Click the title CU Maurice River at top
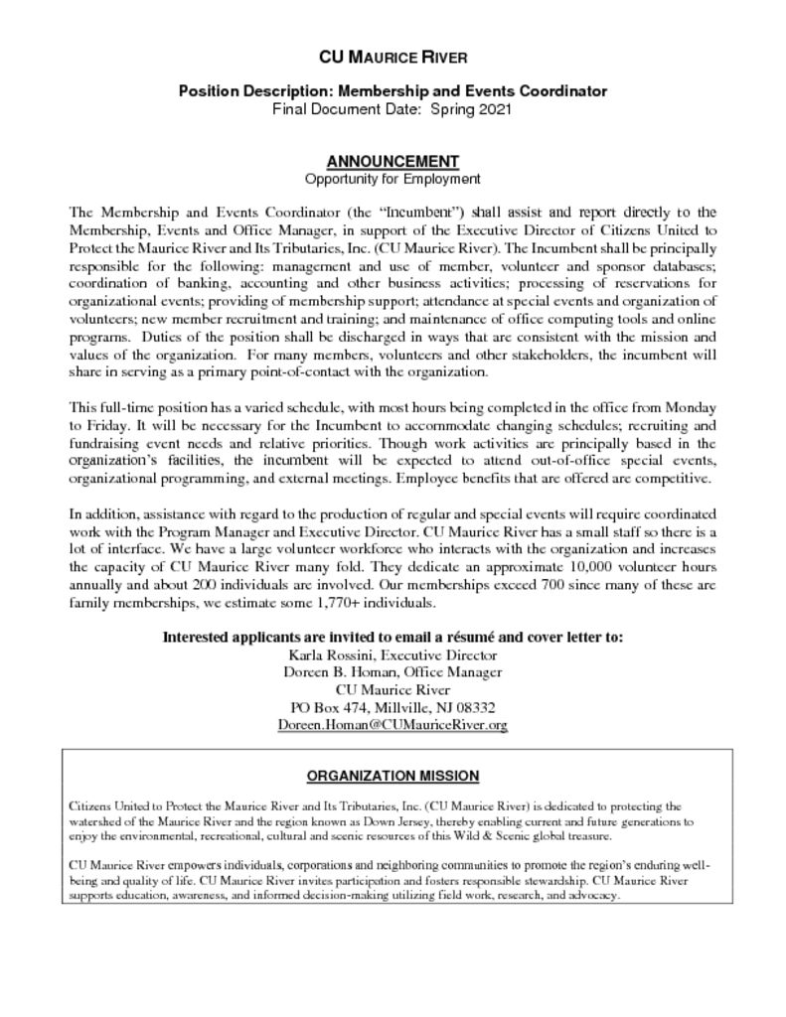[x=393, y=57]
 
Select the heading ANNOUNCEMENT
[x=393, y=162]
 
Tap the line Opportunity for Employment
[x=393, y=179]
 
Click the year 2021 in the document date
[x=494, y=108]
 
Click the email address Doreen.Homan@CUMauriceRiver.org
[x=393, y=725]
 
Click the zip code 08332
[x=475, y=707]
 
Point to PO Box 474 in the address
[x=328, y=707]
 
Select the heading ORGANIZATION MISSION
[x=393, y=776]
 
